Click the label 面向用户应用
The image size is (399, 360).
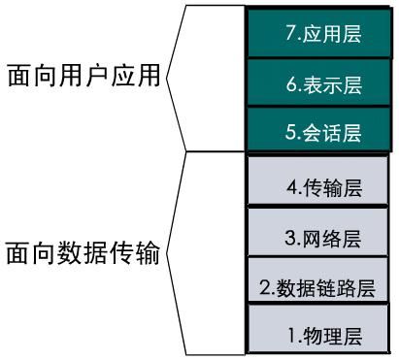click(82, 78)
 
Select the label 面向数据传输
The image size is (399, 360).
click(82, 254)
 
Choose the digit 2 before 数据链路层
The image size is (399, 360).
click(264, 288)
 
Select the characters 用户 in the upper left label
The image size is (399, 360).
click(82, 78)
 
